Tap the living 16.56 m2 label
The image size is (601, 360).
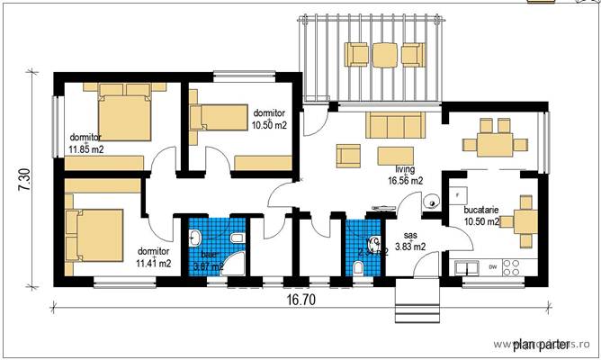[406, 175]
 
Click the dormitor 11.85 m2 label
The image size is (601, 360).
[86, 143]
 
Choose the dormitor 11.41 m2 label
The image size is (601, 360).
[155, 257]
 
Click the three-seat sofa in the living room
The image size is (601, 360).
[392, 125]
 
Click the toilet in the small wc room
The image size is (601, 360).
[359, 267]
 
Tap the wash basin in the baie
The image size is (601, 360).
[195, 238]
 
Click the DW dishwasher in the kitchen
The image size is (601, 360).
[492, 267]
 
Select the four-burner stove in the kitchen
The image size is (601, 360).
[512, 267]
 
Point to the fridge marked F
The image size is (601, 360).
[459, 194]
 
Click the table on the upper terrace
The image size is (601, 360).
[385, 55]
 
